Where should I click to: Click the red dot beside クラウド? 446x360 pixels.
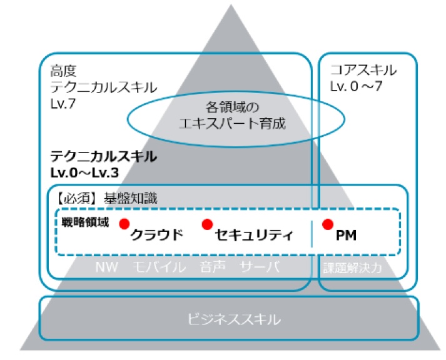[124, 224]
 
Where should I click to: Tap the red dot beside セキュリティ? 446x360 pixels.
[207, 224]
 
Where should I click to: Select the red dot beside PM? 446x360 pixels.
[326, 224]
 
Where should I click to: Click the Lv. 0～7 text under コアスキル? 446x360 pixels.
[357, 86]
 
